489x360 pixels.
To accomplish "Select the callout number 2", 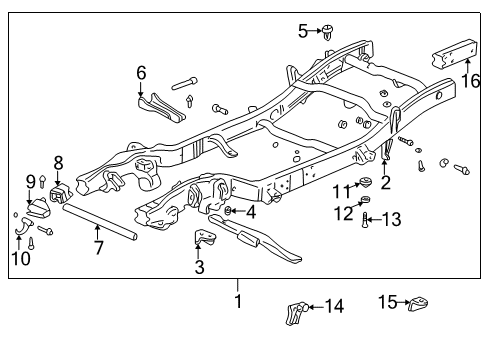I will point(385,182).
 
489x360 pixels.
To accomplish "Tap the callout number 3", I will point(200,267).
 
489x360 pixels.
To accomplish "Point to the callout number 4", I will point(250,212).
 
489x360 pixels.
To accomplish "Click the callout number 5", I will point(304,31).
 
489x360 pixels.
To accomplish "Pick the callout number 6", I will point(141,73).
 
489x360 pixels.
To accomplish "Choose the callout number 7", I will point(98,247).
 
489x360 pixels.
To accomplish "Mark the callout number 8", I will point(58,162).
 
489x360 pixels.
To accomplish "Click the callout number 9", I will point(30,181).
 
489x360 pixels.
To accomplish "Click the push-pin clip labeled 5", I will point(329,31).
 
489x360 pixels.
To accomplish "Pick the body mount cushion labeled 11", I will point(368,183).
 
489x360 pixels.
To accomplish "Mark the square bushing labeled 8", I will point(59,190).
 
